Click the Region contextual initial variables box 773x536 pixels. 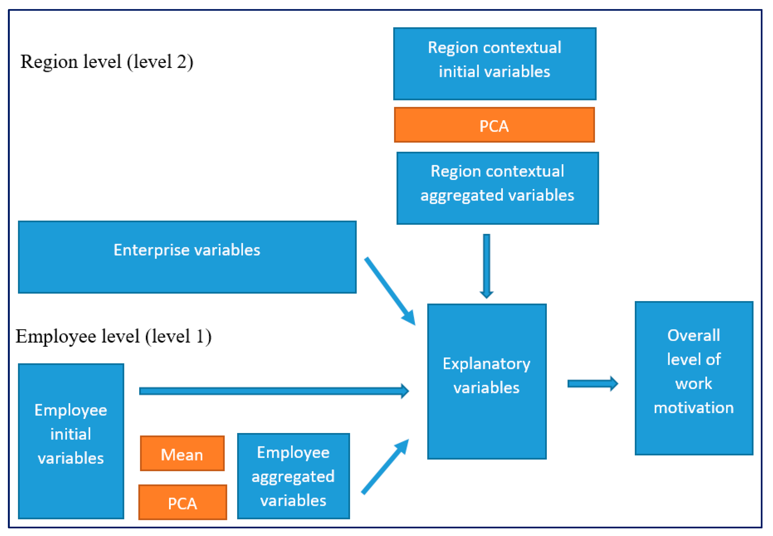494,64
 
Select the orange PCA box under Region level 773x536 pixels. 494,125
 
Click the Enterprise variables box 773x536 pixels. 187,257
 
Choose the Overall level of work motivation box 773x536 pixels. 694,378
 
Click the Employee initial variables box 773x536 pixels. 71,441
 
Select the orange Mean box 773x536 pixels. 182,453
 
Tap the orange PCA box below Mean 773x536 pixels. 182,502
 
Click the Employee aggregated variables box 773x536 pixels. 293,476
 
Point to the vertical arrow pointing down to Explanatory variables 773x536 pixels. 486,265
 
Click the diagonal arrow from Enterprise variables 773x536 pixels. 390,291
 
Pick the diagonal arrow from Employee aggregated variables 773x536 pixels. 385,467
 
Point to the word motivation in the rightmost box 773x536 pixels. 694,408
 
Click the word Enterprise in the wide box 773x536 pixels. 152,250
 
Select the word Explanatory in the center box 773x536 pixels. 486,364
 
